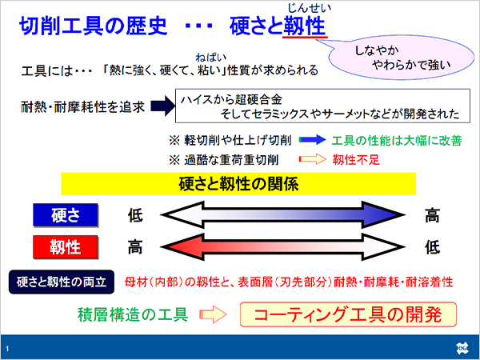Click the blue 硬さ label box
click(x=66, y=215)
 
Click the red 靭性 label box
click(x=66, y=247)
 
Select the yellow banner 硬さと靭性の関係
click(x=238, y=184)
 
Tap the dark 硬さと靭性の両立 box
click(x=62, y=282)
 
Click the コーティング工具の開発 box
click(x=348, y=314)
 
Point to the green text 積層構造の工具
click(x=133, y=314)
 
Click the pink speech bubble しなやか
click(x=401, y=58)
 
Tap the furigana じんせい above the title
click(x=309, y=8)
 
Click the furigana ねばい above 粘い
click(x=211, y=58)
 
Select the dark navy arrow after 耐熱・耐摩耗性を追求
click(x=163, y=106)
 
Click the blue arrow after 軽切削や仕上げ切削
click(x=312, y=140)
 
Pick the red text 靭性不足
click(x=356, y=159)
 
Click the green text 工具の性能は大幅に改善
click(x=397, y=141)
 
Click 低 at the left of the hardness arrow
click(x=135, y=215)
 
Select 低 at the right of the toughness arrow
click(x=432, y=247)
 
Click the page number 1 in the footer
click(x=7, y=349)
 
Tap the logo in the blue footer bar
click(x=462, y=348)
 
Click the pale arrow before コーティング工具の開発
click(x=213, y=314)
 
